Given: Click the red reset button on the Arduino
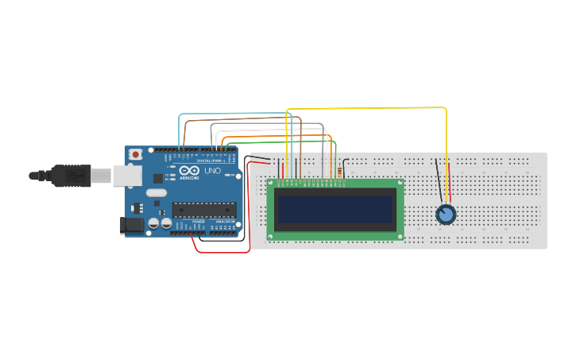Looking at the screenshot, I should [136, 153].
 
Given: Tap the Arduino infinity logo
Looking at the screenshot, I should [189, 171].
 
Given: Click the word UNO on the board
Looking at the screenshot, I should [213, 171].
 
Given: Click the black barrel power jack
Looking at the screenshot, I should [132, 226].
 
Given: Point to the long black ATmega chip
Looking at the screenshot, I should [204, 210].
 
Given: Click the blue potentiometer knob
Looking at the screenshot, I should [446, 215].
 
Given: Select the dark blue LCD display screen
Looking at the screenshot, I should [334, 210].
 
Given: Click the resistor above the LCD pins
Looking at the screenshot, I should [341, 170].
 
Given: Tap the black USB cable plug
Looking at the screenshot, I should [75, 175].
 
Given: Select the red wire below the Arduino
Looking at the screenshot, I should [222, 252].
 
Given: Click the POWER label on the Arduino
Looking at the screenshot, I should [198, 221].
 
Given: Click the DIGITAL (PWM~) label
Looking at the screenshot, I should [211, 161].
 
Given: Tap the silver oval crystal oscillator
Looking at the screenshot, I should [157, 192].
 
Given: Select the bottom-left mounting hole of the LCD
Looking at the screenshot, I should [272, 236].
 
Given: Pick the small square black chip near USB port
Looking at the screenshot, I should [157, 179].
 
